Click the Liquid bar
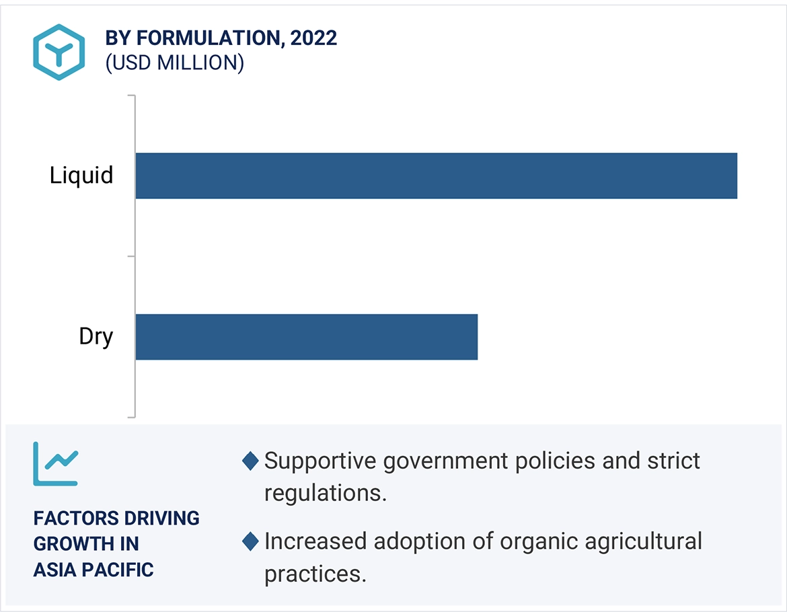coord(436,176)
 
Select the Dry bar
coord(306,336)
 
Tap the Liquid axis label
coord(81,176)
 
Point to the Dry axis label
coord(96,336)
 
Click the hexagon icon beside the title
coord(59,52)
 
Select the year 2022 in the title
coord(313,38)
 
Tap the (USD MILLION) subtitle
coord(174,63)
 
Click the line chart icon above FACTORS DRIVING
coord(56,463)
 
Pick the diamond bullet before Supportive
coord(250,461)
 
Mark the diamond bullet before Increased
coord(250,541)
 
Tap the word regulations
coord(325,493)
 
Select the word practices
coord(315,574)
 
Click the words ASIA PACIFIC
coord(93,570)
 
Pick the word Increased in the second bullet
coord(315,541)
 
